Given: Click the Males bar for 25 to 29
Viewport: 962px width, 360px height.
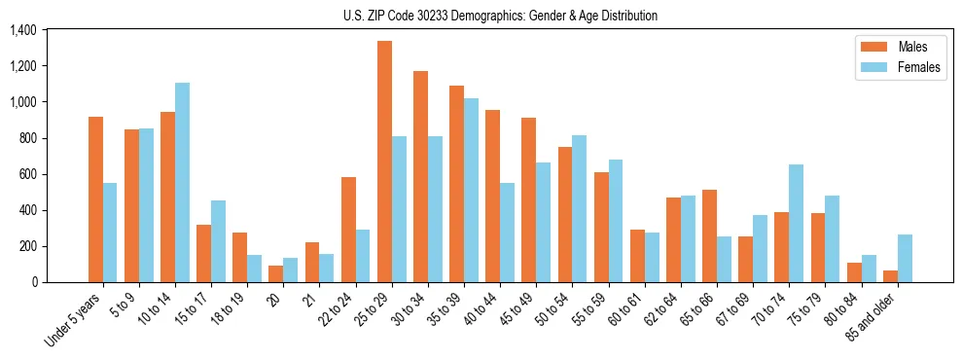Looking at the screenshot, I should point(385,162).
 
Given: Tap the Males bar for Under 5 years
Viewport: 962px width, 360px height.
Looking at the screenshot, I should point(95,199).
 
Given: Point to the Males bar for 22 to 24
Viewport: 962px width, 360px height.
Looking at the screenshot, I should point(348,230).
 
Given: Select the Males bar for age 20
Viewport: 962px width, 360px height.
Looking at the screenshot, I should point(276,273).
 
